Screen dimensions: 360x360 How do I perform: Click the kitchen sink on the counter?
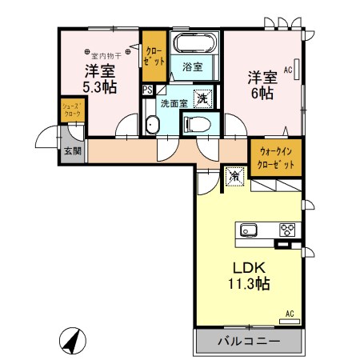coord(247,230)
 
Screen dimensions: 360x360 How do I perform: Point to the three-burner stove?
coord(287,230)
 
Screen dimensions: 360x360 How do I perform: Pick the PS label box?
coord(147,90)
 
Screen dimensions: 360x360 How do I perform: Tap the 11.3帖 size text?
coord(248,283)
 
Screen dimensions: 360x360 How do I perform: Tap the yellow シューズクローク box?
coord(71,110)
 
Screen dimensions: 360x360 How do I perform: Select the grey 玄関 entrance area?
coord(71,150)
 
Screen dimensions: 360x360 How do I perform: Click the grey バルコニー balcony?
coord(248,340)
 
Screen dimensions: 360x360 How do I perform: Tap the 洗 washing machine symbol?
coord(203,99)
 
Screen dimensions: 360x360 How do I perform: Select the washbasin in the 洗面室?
coord(152,123)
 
